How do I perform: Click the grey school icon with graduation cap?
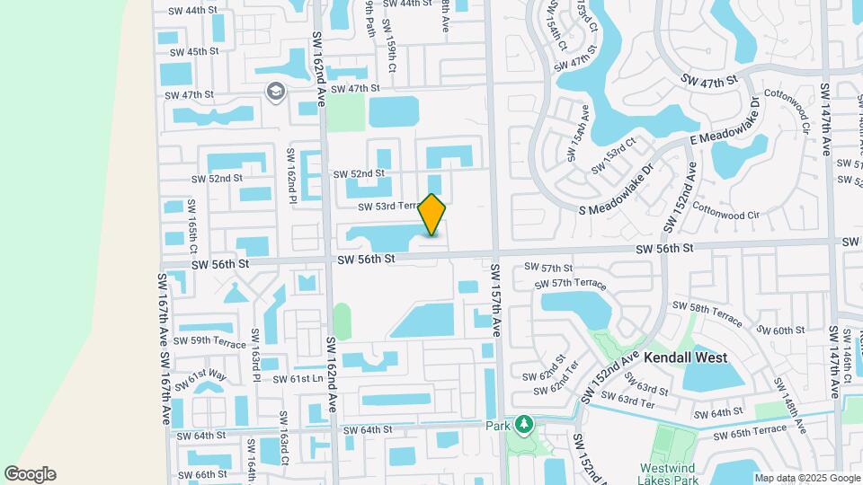(x=275, y=91)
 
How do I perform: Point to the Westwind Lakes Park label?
(x=673, y=474)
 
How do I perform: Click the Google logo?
(x=30, y=474)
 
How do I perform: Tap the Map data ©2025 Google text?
(x=806, y=477)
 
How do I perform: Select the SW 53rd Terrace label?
(x=389, y=207)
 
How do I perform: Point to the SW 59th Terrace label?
(x=209, y=340)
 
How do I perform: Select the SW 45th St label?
(x=190, y=51)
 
